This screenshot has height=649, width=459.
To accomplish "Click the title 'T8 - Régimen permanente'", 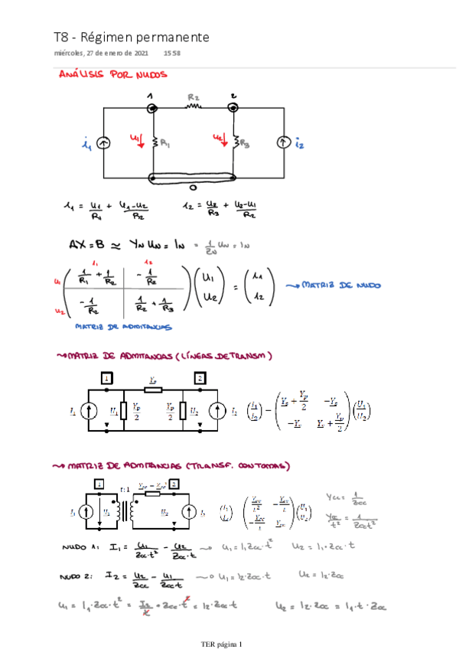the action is pyautogui.click(x=131, y=37).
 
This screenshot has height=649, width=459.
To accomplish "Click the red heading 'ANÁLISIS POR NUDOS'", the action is pyautogui.click(x=113, y=75).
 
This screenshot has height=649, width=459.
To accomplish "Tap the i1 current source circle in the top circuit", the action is pyautogui.click(x=103, y=143).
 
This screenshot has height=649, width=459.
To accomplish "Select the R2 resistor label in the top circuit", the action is pyautogui.click(x=194, y=98).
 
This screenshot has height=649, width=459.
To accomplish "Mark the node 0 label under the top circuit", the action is pyautogui.click(x=193, y=188).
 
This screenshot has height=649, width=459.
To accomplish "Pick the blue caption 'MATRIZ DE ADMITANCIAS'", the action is pyautogui.click(x=122, y=327).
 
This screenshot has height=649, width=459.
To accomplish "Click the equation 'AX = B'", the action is pyautogui.click(x=85, y=244).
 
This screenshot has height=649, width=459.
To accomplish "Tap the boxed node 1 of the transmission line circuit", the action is pyautogui.click(x=107, y=378).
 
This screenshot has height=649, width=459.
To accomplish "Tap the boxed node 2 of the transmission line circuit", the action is pyautogui.click(x=200, y=378).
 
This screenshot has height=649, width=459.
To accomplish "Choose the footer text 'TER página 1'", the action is pyautogui.click(x=220, y=644).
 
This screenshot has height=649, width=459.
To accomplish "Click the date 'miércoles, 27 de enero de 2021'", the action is pyautogui.click(x=101, y=54).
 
